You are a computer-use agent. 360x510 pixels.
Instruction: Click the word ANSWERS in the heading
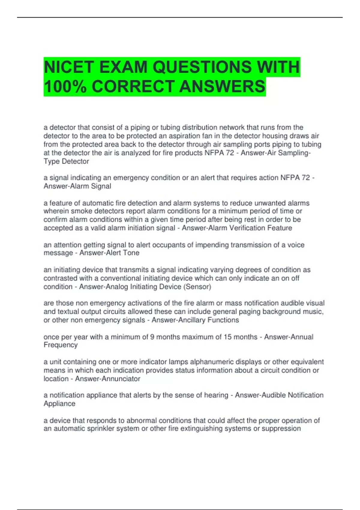(222, 86)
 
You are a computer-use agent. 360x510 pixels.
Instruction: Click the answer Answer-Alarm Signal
(77, 186)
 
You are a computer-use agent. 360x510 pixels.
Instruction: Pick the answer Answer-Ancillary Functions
(195, 320)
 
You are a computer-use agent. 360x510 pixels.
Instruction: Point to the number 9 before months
(152, 337)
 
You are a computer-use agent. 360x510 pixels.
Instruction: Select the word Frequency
(61, 345)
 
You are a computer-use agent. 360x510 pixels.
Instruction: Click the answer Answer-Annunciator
(108, 379)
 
